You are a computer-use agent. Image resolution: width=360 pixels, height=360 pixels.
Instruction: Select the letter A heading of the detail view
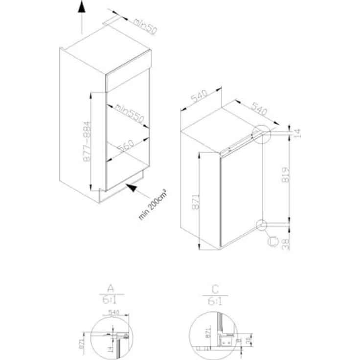tap(111, 287)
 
